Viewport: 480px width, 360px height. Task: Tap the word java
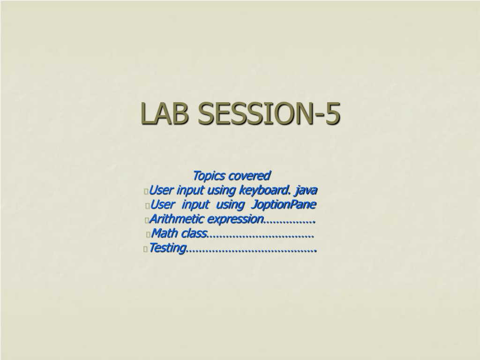tap(306, 190)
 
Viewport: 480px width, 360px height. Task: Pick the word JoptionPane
tap(283, 204)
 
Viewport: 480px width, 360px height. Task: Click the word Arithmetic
tap(177, 219)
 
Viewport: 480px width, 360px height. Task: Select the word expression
tap(235, 219)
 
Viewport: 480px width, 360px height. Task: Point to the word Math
tap(165, 233)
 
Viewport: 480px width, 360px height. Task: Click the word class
tap(194, 233)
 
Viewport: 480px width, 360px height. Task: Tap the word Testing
tap(168, 248)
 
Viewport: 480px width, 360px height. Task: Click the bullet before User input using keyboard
tap(146, 192)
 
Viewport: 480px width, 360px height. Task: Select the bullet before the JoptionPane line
tap(148, 206)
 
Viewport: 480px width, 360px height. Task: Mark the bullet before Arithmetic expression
tap(147, 220)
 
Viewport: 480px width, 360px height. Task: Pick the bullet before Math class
tap(148, 234)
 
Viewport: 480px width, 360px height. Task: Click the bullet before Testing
tap(146, 249)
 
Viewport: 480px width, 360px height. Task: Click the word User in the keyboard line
tap(161, 190)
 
